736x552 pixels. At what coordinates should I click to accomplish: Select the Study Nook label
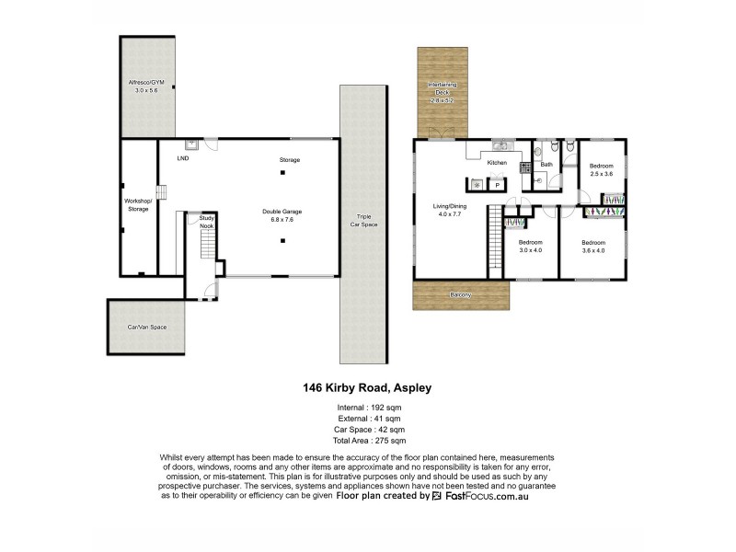pyautogui.click(x=207, y=222)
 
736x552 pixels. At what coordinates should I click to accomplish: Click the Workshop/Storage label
pyautogui.click(x=137, y=205)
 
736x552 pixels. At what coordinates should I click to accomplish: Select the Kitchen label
pyautogui.click(x=497, y=163)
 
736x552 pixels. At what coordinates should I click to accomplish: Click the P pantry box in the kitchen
pyautogui.click(x=498, y=185)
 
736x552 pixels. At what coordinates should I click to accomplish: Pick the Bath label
pyautogui.click(x=546, y=165)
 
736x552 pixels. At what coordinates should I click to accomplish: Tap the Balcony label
pyautogui.click(x=461, y=294)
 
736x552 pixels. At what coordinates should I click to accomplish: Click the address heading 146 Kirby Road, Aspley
pyautogui.click(x=367, y=388)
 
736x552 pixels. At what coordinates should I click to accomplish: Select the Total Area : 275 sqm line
pyautogui.click(x=367, y=442)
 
